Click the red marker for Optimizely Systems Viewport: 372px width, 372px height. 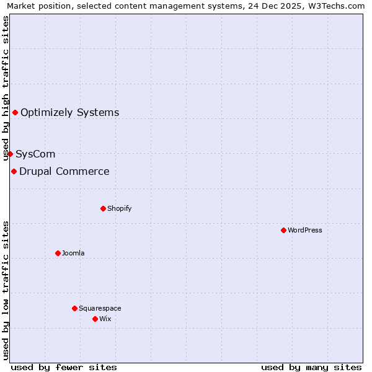(15, 112)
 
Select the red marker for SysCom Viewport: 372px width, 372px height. (10, 154)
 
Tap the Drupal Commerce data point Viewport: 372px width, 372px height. (14, 171)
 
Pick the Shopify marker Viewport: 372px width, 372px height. (103, 208)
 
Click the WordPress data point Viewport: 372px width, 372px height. (283, 230)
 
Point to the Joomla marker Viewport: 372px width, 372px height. (58, 253)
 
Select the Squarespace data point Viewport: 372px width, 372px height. (74, 308)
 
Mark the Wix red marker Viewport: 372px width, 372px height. (95, 319)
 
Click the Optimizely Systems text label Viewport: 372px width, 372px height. (69, 112)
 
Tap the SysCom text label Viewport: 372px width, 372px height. (35, 154)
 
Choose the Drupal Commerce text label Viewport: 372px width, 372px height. (64, 171)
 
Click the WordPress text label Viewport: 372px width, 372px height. (304, 230)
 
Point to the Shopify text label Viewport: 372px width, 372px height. (119, 208)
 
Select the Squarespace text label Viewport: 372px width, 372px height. (100, 308)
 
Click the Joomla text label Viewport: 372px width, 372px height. (73, 253)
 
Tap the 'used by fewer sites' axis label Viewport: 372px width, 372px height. (64, 367)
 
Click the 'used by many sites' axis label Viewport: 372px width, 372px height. (311, 367)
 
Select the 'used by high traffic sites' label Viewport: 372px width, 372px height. (6, 89)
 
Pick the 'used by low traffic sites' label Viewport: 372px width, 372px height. (6, 290)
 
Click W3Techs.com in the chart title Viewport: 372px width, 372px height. (338, 6)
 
